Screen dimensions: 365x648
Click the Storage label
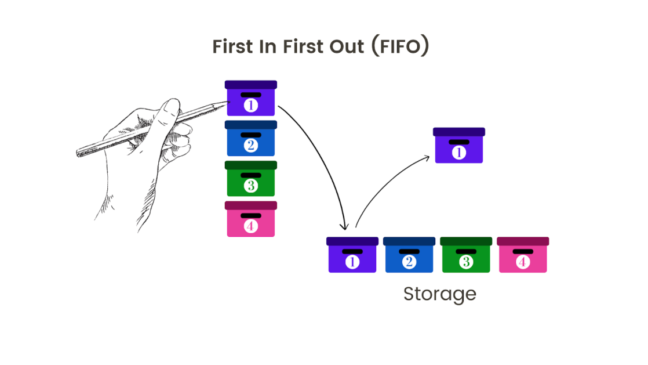coord(439,294)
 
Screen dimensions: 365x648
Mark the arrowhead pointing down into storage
coord(346,226)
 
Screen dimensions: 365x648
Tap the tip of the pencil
coord(228,102)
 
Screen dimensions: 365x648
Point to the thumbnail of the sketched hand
coord(172,106)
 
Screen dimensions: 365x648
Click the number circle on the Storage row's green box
coord(466,262)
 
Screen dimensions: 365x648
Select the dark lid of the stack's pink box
coord(250,205)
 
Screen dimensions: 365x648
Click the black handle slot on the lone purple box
coord(459,142)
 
